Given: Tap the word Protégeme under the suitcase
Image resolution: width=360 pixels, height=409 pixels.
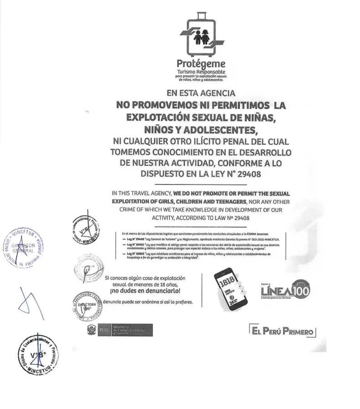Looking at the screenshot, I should pyautogui.click(x=201, y=64).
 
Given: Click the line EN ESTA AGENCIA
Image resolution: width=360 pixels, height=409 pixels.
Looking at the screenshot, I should pyautogui.click(x=200, y=94).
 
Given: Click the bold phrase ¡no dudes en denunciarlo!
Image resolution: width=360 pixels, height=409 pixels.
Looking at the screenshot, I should pyautogui.click(x=148, y=291).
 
